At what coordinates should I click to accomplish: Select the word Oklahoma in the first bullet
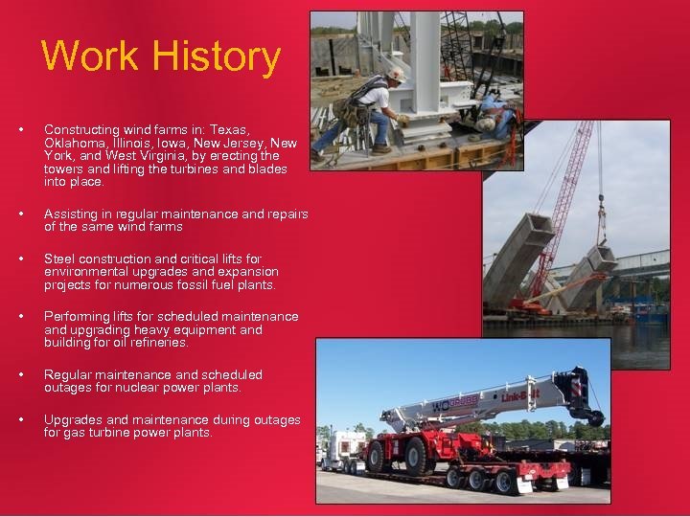[71, 143]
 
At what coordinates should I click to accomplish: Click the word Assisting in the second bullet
[72, 214]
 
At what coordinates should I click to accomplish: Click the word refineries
[160, 343]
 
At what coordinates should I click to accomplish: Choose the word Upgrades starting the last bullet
[71, 420]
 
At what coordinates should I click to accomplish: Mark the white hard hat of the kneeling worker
[394, 73]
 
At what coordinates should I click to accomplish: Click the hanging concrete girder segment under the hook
[603, 258]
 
